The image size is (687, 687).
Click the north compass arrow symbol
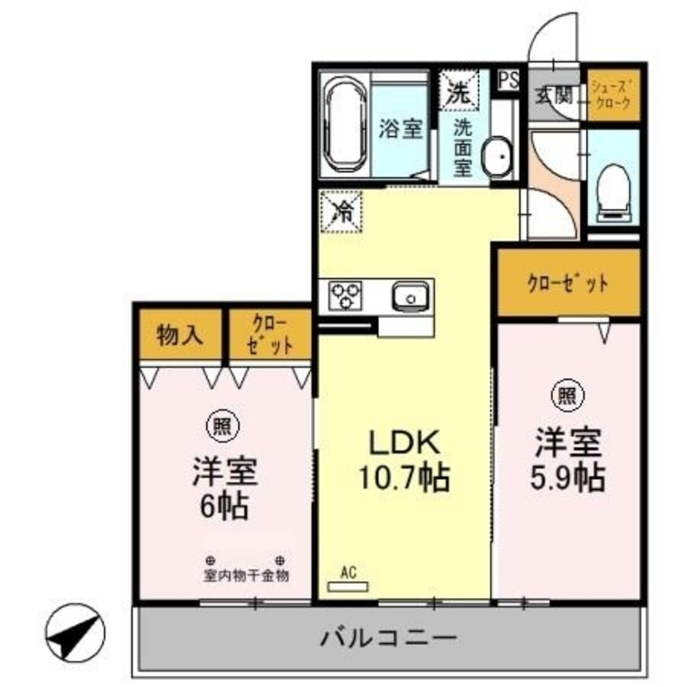pos(74,627)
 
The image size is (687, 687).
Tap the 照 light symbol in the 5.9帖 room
pos(567,395)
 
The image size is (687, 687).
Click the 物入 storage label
pos(180,335)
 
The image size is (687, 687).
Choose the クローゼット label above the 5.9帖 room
pos(568,284)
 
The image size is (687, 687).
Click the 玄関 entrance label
pos(554,95)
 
